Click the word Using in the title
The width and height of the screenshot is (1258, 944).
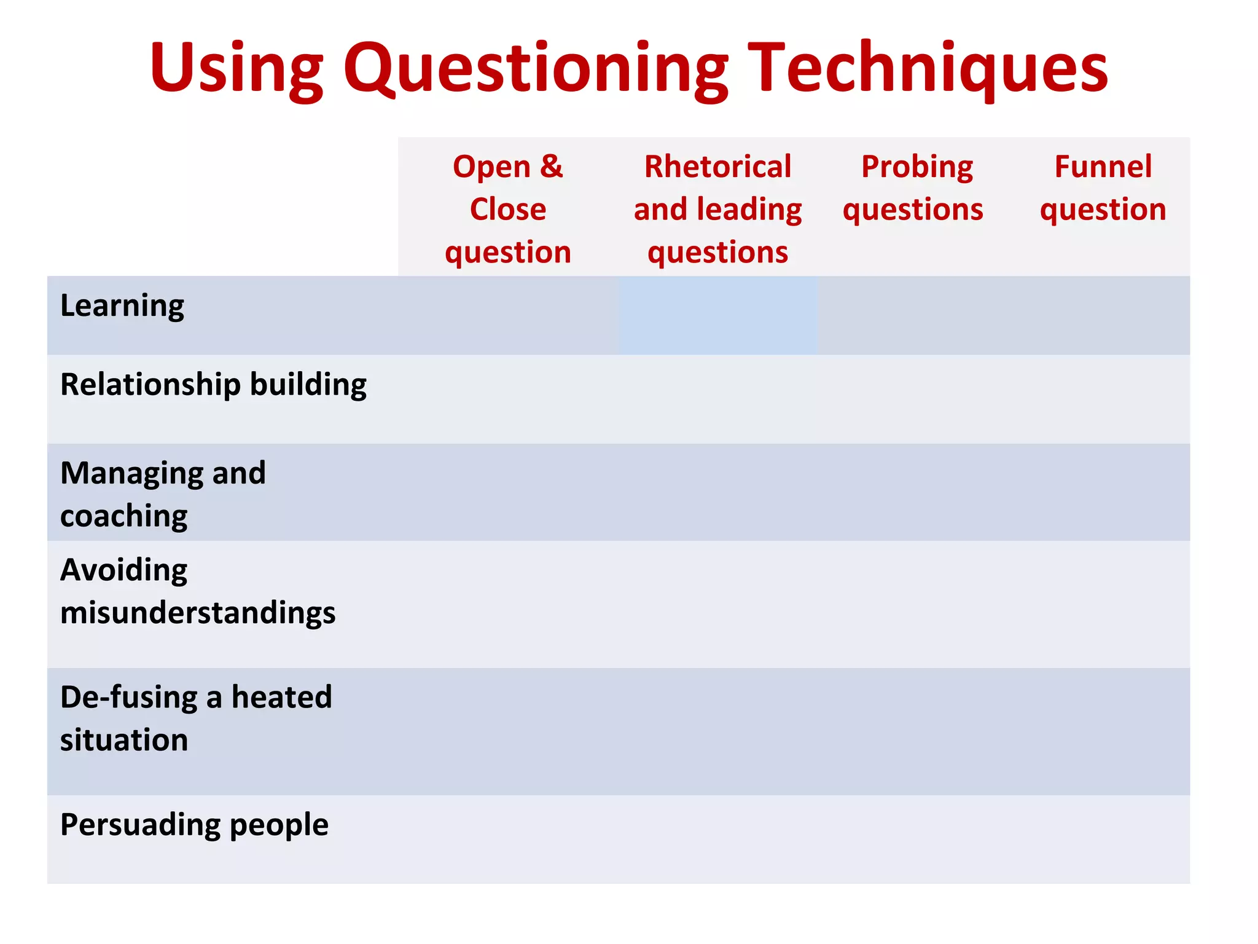236,68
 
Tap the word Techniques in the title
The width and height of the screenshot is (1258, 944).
928,68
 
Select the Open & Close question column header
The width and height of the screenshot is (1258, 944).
508,209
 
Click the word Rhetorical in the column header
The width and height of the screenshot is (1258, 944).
717,167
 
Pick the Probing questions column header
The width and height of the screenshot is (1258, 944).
913,188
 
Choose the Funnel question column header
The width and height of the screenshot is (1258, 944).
1103,188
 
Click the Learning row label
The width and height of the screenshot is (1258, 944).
122,306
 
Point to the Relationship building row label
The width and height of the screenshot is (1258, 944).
213,385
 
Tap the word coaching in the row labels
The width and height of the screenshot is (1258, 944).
123,516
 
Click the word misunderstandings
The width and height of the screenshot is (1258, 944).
198,613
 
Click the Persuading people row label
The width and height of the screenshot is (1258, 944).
194,825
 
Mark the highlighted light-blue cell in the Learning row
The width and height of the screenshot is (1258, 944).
717,315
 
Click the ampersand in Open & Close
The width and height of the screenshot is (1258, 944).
551,167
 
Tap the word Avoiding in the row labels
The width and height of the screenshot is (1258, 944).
123,570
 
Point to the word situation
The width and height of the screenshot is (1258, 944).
123,740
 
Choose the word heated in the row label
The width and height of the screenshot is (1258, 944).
281,698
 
